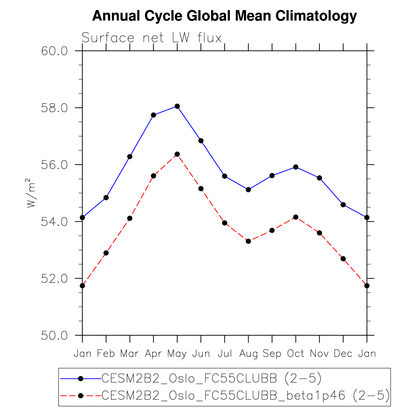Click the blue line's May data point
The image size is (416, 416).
click(177, 106)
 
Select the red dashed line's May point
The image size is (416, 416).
click(177, 154)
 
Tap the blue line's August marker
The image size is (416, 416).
click(248, 190)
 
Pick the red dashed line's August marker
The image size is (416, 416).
click(248, 241)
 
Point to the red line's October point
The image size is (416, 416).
click(296, 217)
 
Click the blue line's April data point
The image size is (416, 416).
click(154, 115)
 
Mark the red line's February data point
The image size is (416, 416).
click(106, 253)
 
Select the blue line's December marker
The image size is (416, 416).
click(343, 205)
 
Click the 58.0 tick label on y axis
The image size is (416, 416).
click(54, 108)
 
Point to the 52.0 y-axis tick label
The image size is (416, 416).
click(54, 279)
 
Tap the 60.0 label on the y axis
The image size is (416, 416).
click(54, 51)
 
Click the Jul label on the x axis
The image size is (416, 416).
click(225, 354)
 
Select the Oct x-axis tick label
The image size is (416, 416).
click(296, 354)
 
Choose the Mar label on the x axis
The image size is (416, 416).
click(130, 354)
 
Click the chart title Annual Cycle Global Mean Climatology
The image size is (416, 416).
click(224, 16)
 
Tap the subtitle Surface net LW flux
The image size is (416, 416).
click(152, 38)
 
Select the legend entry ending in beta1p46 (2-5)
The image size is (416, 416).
click(246, 396)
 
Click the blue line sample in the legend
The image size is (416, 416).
click(81, 378)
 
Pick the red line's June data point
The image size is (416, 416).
click(201, 189)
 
